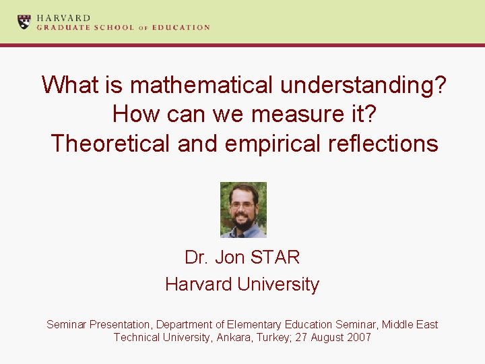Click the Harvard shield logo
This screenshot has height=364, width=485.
(x=24, y=22)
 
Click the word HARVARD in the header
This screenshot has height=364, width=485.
(x=63, y=18)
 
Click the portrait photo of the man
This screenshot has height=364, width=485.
(x=243, y=210)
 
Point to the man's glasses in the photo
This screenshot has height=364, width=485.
(x=242, y=204)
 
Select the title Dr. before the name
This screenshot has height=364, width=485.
(x=197, y=257)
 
